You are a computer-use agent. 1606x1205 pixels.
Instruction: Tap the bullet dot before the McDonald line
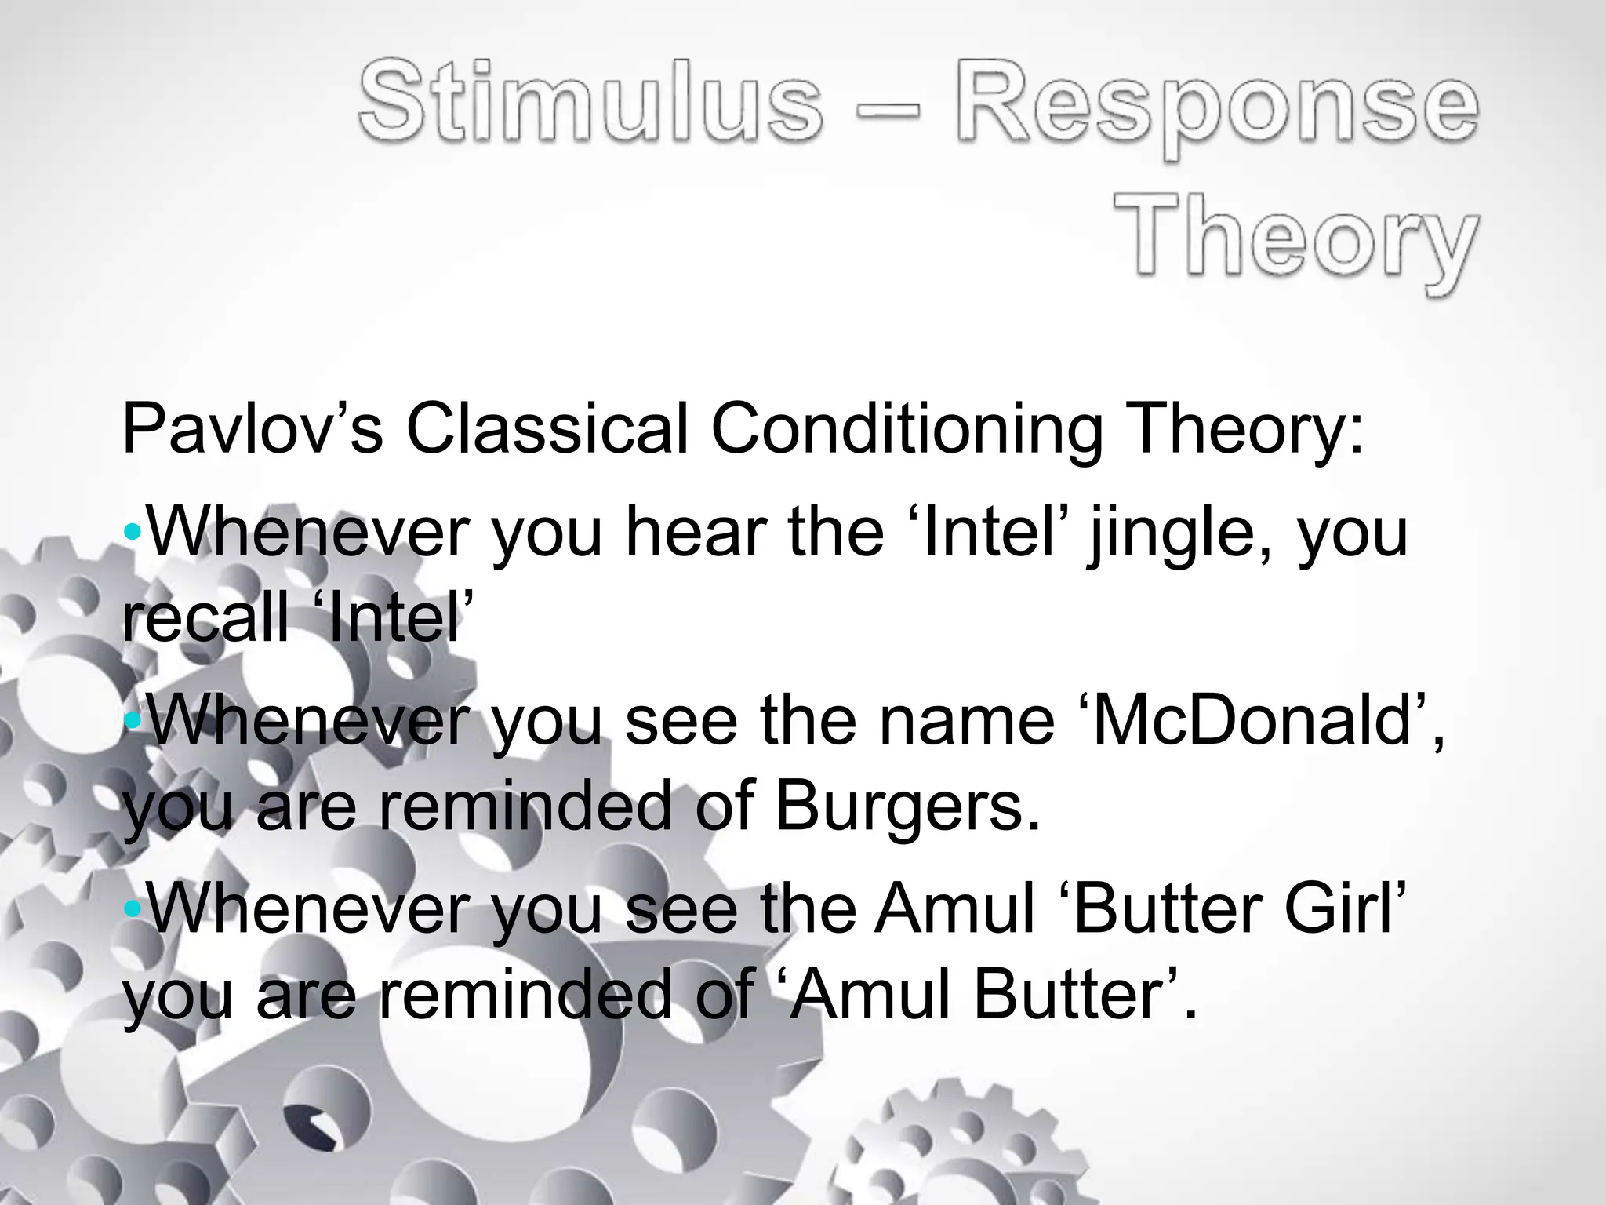click(x=133, y=720)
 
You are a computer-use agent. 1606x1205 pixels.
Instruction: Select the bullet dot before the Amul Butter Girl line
click(x=133, y=908)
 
